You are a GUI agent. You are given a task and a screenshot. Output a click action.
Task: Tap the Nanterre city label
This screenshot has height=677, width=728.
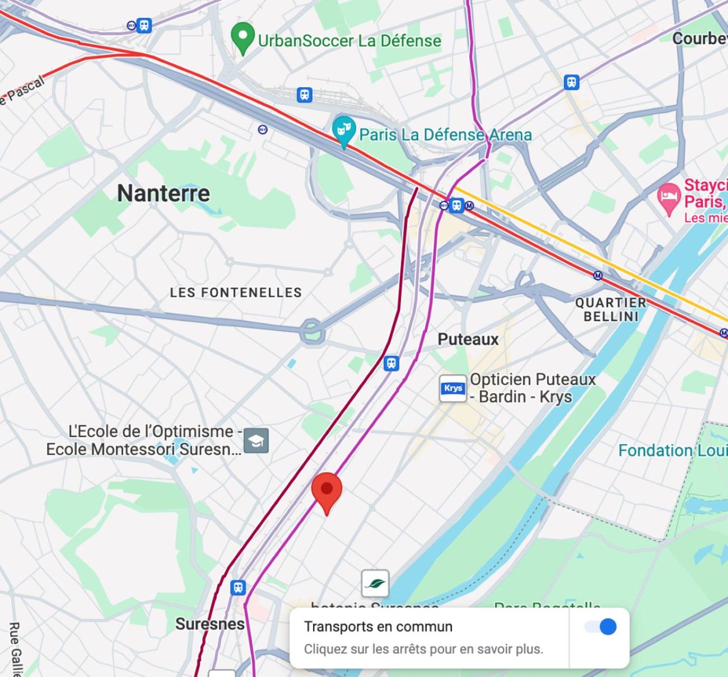coord(164,194)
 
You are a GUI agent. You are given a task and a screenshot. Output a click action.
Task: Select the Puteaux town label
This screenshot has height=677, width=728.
coord(468,339)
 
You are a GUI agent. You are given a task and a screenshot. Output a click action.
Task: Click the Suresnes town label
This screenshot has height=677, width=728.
coord(210,624)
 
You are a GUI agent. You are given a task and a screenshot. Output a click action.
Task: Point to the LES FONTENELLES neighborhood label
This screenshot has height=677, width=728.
coord(236,292)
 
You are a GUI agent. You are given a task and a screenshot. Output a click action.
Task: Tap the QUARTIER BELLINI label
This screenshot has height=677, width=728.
coord(610,309)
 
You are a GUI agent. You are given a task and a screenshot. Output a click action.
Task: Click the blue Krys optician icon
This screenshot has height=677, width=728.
coord(453,388)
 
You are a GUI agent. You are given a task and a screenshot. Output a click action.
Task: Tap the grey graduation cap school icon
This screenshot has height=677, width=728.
coord(256,440)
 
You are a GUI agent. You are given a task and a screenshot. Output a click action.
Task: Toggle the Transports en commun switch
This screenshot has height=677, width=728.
coord(600,627)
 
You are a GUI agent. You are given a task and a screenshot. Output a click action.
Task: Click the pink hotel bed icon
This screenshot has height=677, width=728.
coord(668,198)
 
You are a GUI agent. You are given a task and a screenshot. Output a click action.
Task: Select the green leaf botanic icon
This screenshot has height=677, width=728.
coord(375,584)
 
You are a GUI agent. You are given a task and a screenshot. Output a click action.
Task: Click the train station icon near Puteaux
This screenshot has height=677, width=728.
coord(391,364)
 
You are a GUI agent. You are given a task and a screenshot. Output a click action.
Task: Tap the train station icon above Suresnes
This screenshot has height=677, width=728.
coord(238,587)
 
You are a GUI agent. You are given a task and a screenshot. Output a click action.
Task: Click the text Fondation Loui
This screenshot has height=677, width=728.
coord(672,450)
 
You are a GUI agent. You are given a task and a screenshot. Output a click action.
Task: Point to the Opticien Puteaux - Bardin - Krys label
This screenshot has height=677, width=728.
coord(532,388)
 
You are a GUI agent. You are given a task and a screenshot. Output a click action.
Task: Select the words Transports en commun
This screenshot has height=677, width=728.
coord(378,627)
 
